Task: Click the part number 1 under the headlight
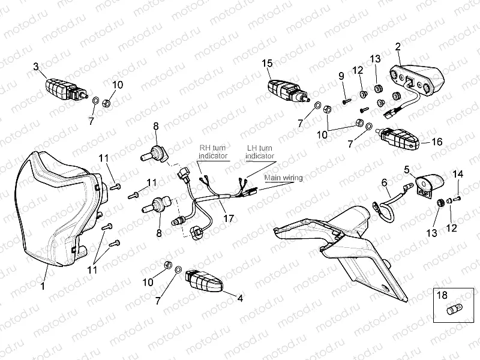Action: [43, 286]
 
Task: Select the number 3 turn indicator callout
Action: [36, 67]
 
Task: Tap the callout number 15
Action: [267, 64]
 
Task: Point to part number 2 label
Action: [398, 47]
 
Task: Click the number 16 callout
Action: [437, 142]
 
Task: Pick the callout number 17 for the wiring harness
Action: [229, 218]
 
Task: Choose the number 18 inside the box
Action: [442, 295]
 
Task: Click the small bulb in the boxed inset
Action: [455, 310]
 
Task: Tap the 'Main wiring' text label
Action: [283, 178]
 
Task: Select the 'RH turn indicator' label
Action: [213, 152]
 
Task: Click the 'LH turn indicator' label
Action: [260, 152]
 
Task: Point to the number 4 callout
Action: [241, 298]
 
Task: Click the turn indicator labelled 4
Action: [204, 280]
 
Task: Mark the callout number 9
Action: [341, 76]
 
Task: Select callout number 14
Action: [458, 174]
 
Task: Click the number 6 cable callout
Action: [385, 182]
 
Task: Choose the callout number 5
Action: [407, 169]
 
